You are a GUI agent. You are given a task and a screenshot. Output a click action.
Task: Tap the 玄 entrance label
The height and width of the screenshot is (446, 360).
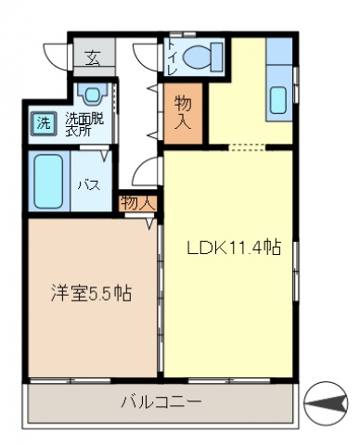pos(93,58)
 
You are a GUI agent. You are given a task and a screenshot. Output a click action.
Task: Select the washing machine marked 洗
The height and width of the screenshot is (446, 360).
pos(44,123)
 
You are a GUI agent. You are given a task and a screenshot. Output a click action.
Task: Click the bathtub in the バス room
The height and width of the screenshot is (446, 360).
pos(48,181)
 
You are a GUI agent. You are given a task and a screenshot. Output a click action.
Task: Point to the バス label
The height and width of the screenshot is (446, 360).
pos(89,185)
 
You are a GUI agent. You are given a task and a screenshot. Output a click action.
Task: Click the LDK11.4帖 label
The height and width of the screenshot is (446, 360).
pos(234,248)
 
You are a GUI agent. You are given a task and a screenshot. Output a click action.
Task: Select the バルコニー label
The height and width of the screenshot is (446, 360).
pos(161,401)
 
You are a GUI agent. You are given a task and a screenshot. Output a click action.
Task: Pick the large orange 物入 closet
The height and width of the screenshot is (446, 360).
pos(183,114)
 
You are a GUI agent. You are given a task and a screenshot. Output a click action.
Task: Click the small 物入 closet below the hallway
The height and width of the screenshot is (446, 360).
pos(138,203)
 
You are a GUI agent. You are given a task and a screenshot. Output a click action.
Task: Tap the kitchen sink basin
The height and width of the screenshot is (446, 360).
pos(278,100)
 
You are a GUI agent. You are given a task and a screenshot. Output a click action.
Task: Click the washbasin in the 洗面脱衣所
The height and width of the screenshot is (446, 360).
pos(92,94)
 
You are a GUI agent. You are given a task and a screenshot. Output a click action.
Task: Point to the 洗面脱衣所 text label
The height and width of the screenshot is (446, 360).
pos(84,124)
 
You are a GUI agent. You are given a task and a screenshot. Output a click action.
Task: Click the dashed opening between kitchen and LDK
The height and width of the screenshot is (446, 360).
pos(247,147)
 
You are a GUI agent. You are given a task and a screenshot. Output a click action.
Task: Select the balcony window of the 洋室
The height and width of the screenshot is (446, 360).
pos(71,380)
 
